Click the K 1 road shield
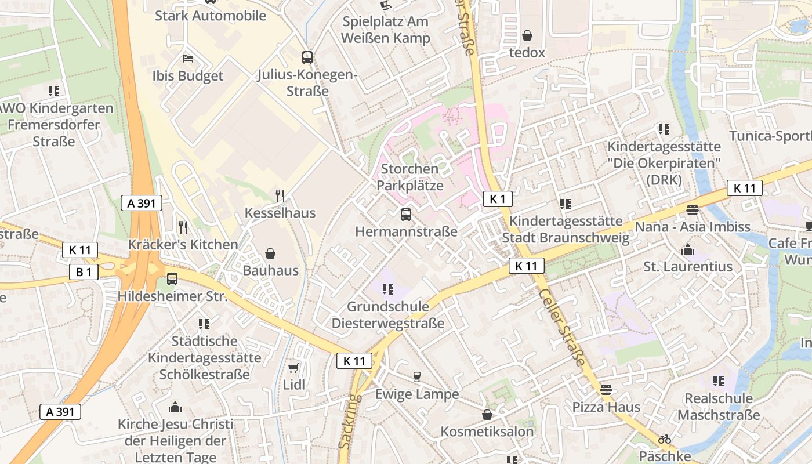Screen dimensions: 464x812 [498, 199]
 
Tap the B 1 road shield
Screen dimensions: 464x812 [84, 272]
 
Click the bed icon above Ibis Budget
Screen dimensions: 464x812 [188, 59]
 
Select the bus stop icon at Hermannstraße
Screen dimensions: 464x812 [406, 215]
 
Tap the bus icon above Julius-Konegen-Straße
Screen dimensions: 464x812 [307, 57]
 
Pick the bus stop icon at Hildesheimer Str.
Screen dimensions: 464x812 [172, 279]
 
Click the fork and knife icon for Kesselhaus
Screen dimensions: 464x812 [280, 195]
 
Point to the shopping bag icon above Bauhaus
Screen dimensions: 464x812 [270, 253]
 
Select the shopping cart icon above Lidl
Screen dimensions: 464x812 [293, 368]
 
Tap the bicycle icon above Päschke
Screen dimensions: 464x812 [665, 439]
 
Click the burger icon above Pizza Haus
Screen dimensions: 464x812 [606, 390]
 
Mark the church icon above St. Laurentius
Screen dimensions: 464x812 [688, 249]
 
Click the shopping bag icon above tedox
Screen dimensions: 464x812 [527, 35]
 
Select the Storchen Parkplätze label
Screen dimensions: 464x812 [409, 177]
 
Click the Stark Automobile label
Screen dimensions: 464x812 [210, 16]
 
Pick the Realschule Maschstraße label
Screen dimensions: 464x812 [718, 407]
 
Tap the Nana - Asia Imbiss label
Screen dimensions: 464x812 [693, 226]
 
